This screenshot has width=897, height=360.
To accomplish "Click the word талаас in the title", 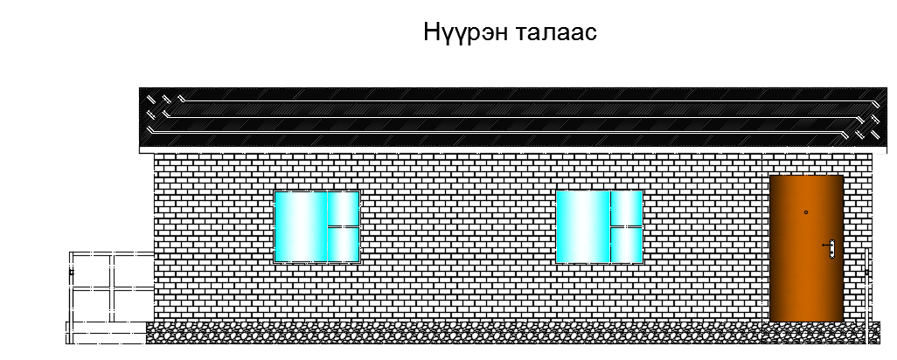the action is coord(553,33).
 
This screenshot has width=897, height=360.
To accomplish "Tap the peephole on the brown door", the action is coord(805,212).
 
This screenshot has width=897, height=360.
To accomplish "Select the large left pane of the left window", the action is coord(300,226).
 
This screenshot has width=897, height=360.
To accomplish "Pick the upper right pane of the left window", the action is coord(343,209).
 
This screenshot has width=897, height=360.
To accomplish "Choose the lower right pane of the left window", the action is coord(343,244).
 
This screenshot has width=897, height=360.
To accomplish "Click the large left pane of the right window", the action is coord(582,226).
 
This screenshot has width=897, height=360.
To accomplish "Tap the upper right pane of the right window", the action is coord(626,209).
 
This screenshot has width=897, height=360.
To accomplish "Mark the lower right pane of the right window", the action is coord(626,244).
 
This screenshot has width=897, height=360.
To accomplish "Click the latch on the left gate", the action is coord(72,273).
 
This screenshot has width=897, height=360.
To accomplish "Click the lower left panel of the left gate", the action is coord(91,304).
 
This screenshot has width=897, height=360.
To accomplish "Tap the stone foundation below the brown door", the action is coord(806,332).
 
